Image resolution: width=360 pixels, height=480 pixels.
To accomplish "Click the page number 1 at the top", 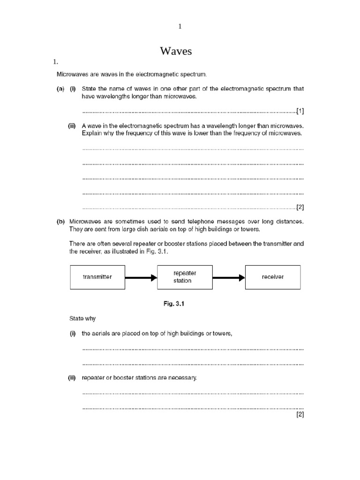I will pos(180,27).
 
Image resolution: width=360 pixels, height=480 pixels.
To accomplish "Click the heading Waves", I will pos(176,51).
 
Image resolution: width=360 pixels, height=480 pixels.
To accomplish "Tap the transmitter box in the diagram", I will pos(97,277).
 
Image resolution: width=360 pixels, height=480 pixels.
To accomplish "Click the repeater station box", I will pos(185,277).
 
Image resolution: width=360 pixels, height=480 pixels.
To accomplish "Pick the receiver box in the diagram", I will pos(272,277).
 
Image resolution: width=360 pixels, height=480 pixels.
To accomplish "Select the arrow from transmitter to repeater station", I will pos(141,277).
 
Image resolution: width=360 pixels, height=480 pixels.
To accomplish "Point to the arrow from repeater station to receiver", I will pos(228,277).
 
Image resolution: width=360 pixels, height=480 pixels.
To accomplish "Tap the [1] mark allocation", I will pos(300,111).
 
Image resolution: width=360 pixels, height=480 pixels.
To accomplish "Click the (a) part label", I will pos(61,89).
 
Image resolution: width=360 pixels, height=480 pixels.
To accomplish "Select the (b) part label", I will pos(61,222).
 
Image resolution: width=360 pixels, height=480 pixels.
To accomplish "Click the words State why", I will pos(82,318).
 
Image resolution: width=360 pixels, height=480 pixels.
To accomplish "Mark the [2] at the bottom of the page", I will pos(300,414).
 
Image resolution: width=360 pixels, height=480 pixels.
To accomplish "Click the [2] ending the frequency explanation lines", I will pos(300,207).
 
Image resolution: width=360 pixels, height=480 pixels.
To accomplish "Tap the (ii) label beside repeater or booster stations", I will pos(72,377).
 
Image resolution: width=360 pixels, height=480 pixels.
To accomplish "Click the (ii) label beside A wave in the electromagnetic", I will pos(72,126).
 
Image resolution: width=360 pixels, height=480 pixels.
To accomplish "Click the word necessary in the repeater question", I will pos(184,377).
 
